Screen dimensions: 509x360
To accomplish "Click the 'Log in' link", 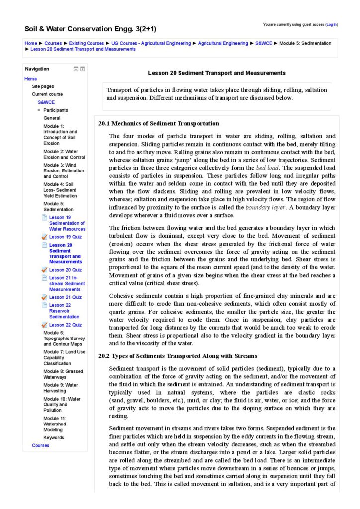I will click(331, 24).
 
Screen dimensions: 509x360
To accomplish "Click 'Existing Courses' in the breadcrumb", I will click(87, 43).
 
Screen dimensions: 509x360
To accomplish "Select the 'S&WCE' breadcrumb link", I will click(264, 43).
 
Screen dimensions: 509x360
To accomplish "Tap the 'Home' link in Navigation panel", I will click(30, 79).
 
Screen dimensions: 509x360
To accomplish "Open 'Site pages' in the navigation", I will click(43, 86).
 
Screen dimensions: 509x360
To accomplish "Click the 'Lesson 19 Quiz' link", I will click(65, 237).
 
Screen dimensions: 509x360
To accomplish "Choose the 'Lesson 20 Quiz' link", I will click(65, 270).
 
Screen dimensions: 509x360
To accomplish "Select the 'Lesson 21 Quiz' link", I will click(65, 297).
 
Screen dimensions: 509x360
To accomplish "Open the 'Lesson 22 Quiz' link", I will click(65, 325).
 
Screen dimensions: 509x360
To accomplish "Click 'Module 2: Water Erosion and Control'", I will click(64, 154).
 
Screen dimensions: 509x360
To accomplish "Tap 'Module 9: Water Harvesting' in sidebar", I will click(61, 388).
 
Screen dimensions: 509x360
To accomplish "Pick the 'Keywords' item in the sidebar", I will click(54, 438).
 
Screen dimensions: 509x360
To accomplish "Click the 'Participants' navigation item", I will click(56, 110).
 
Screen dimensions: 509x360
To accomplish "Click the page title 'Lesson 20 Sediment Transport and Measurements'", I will click(217, 73).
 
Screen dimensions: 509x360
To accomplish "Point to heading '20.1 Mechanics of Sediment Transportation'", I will click(159, 123).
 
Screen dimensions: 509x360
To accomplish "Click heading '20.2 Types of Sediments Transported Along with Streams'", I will click(178, 356).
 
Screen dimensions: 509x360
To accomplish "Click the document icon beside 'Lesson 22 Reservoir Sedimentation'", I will click(45, 305).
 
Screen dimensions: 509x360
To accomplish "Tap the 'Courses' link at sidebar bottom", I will click(40, 445).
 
